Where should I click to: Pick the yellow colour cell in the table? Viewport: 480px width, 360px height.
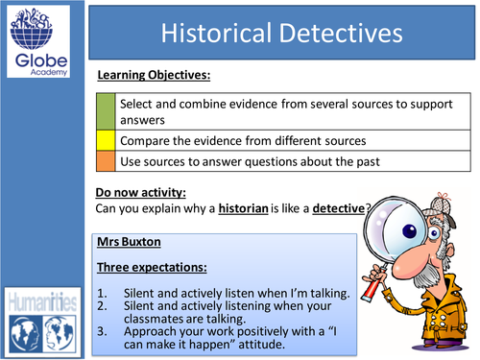click(107, 140)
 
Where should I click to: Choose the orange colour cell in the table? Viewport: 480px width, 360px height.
click(107, 160)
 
